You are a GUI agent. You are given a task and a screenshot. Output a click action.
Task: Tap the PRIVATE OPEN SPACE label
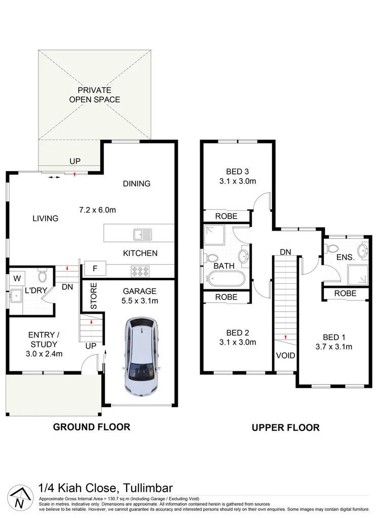coord(95,95)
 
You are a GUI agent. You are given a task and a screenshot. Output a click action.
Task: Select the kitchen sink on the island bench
coord(142,234)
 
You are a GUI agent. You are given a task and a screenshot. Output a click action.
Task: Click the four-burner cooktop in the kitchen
coord(139,270)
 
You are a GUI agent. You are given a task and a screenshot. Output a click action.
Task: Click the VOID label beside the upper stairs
coord(285,356)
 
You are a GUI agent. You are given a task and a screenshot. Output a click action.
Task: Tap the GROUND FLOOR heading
coord(92,427)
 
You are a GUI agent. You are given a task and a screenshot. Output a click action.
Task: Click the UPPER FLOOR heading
coord(286,427)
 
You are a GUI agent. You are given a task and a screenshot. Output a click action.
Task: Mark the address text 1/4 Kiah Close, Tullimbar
coord(105,489)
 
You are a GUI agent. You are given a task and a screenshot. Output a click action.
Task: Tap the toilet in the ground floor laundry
coord(42,276)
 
